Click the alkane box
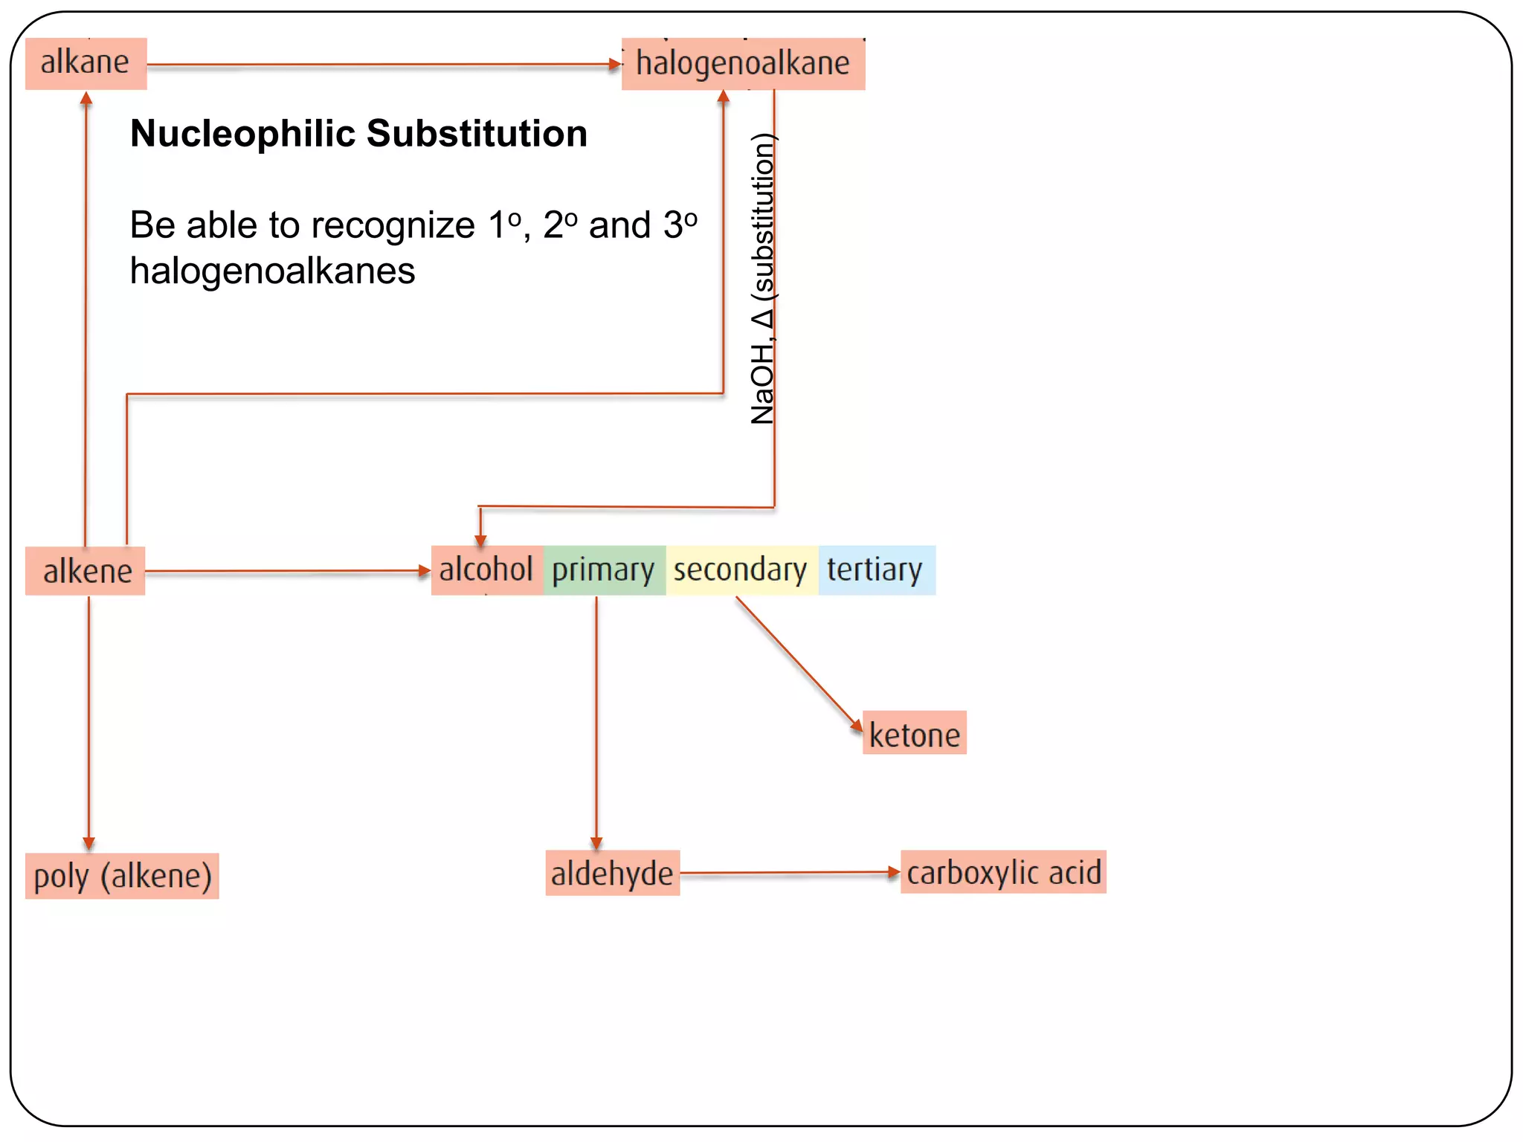[86, 63]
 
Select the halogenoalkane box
[743, 64]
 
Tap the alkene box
[86, 571]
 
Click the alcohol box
[486, 570]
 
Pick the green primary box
[604, 570]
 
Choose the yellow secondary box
[741, 570]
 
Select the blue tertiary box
[875, 570]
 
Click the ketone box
[914, 734]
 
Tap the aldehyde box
[612, 873]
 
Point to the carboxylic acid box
[1003, 872]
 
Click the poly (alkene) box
[123, 876]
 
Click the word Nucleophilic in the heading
[242, 134]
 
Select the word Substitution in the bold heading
[477, 134]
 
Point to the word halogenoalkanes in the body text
[272, 271]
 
